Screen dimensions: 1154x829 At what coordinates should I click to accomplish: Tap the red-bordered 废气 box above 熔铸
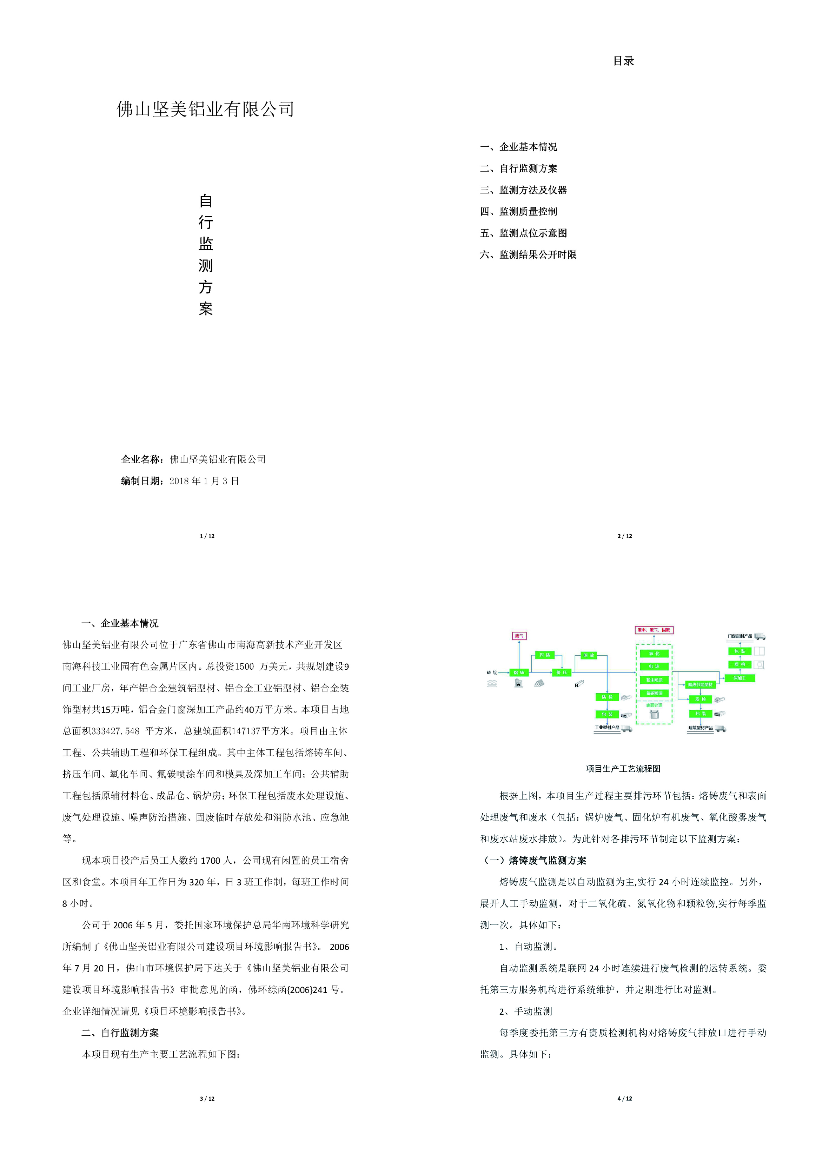pos(519,636)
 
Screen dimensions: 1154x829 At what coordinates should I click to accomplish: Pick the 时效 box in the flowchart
pos(589,655)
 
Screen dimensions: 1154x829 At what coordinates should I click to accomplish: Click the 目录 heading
pos(623,61)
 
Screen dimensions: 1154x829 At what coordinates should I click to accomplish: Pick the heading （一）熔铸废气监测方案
pos(533,861)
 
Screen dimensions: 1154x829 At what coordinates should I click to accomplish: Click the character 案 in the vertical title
pos(206,309)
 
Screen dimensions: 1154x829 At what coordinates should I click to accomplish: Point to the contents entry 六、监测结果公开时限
pos(528,254)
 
